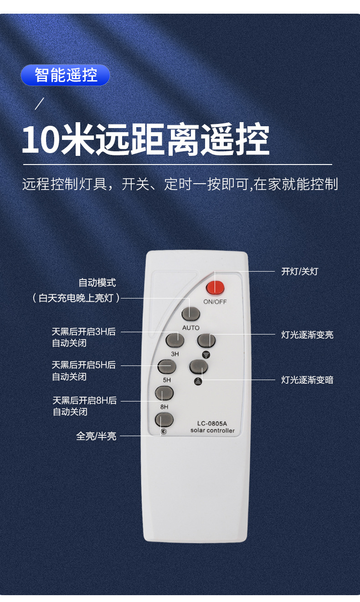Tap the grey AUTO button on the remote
click(x=191, y=314)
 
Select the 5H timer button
click(x=167, y=366)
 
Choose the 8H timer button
click(x=165, y=393)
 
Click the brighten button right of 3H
click(x=206, y=340)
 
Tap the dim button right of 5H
click(x=199, y=366)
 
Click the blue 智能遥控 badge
click(x=66, y=75)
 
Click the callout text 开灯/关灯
click(x=299, y=272)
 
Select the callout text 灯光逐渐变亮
click(x=307, y=335)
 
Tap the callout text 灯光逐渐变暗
click(x=307, y=380)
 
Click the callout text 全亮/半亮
click(x=96, y=436)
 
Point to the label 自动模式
click(x=97, y=283)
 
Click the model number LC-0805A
click(x=212, y=422)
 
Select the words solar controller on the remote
click(x=212, y=431)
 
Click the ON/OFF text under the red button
click(x=215, y=302)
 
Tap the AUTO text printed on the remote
click(x=190, y=328)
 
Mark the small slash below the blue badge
click(x=40, y=104)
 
